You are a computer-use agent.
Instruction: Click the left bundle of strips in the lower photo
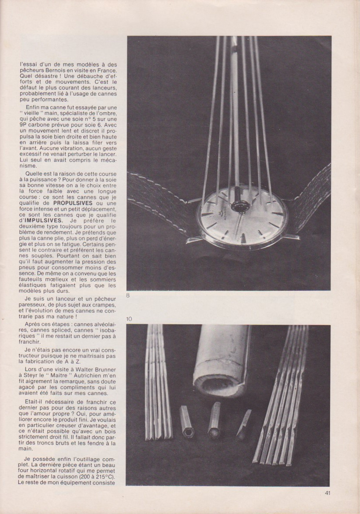tap(157, 383)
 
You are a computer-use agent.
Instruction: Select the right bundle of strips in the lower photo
tap(282, 396)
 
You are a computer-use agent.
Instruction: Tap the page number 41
tap(327, 493)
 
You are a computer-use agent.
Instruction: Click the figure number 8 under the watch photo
tap(128, 296)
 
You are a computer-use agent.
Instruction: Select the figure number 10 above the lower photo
tap(129, 318)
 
